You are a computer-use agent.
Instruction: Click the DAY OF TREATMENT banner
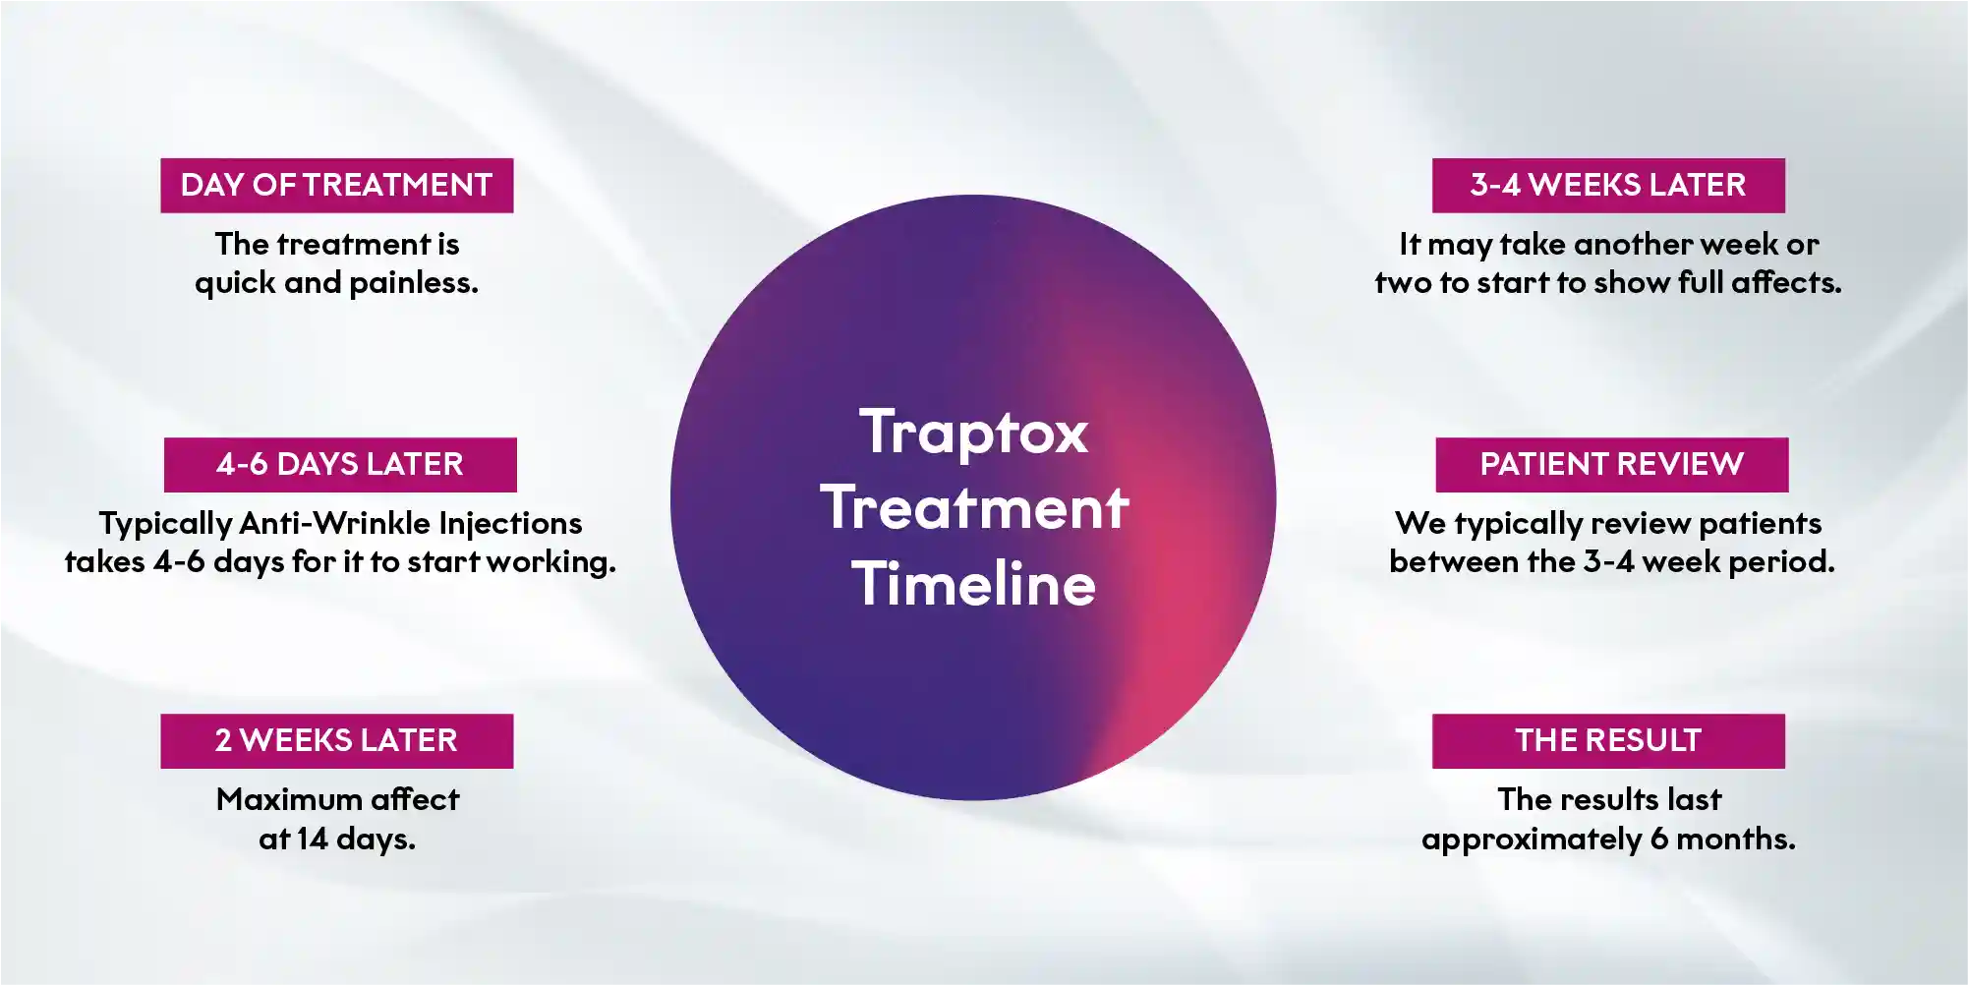336,185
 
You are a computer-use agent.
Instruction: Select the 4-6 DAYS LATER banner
340,464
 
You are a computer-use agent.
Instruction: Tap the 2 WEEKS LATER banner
336,740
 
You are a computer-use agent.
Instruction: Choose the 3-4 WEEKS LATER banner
1608,185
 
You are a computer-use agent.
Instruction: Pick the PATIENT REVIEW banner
1611,464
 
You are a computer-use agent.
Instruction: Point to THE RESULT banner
1608,740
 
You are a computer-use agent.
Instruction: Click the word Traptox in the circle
973,433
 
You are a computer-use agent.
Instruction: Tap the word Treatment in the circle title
973,508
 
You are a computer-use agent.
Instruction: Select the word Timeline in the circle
973,584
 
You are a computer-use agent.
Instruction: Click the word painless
414,283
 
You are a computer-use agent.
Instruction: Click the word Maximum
288,799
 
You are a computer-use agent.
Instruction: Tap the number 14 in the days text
312,839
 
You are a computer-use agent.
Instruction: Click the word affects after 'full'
1786,283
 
